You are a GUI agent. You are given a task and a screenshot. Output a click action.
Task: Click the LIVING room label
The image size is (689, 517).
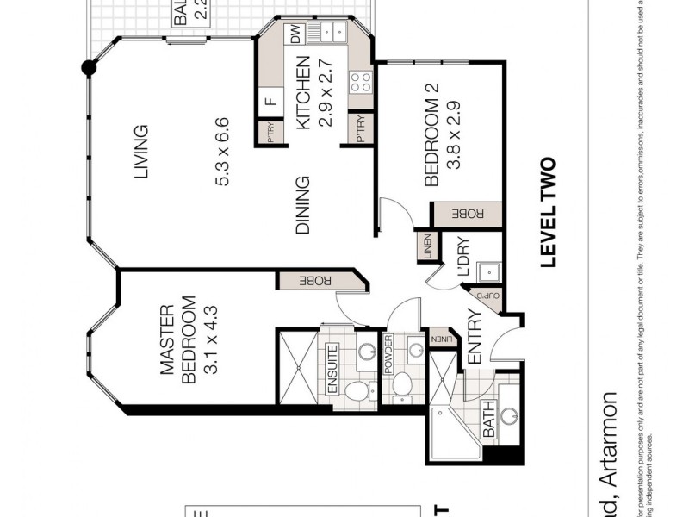point(141,153)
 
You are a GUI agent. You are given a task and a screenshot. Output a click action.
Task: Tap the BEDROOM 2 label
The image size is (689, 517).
point(433,141)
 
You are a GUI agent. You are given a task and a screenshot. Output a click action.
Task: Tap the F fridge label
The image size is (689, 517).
point(270,101)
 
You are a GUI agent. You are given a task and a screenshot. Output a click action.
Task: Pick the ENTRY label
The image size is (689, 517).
point(473,338)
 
